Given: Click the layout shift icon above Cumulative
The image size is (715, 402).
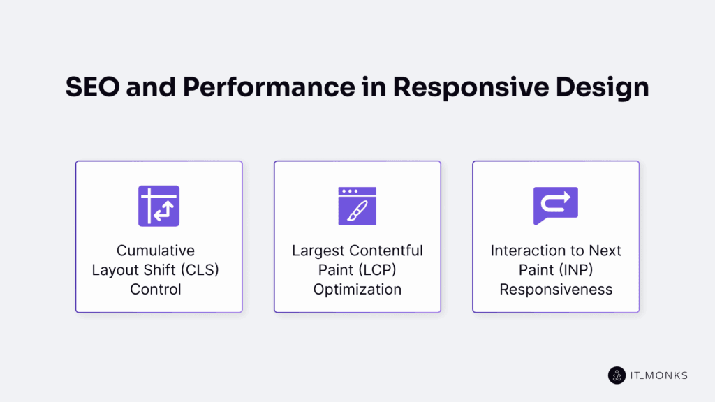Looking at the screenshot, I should pyautogui.click(x=159, y=206).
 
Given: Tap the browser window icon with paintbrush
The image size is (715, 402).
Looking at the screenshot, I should pyautogui.click(x=357, y=206).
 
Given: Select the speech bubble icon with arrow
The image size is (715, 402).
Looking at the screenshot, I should pyautogui.click(x=555, y=206).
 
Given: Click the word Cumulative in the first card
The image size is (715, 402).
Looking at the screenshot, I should pyautogui.click(x=155, y=251).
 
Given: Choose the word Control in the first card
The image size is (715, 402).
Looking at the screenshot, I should pyautogui.click(x=155, y=289).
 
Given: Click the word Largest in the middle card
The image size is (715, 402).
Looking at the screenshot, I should pyautogui.click(x=317, y=251).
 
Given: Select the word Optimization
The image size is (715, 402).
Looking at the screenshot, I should pyautogui.click(x=357, y=289).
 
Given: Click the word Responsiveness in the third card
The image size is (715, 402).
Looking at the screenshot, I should pyautogui.click(x=555, y=289).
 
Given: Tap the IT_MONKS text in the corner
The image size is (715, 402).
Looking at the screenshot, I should pyautogui.click(x=658, y=375).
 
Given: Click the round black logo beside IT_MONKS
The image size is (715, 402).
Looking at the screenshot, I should pyautogui.click(x=617, y=375).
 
